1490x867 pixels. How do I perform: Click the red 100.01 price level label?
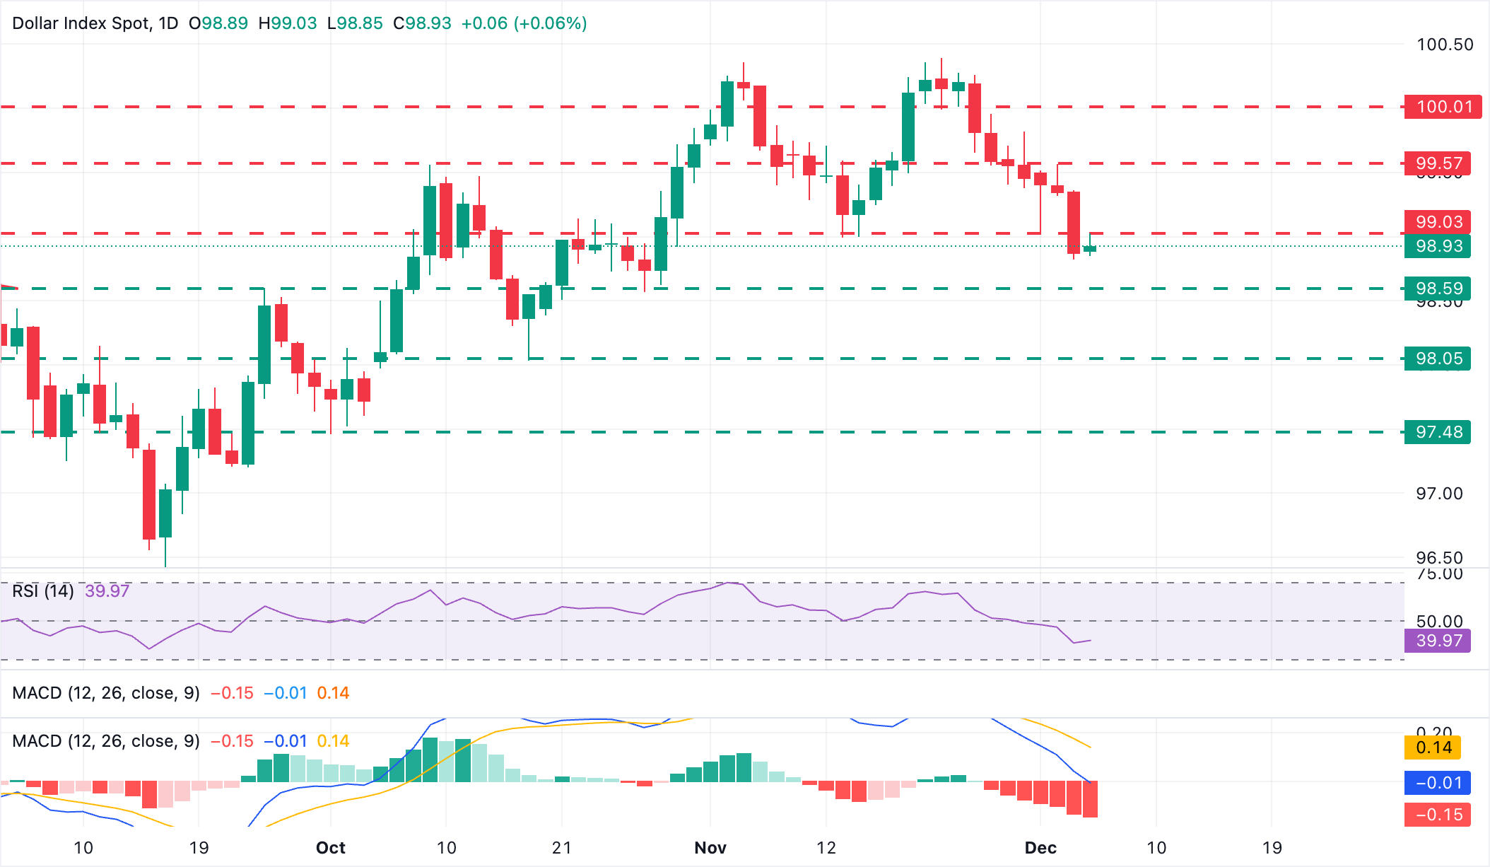pos(1442,107)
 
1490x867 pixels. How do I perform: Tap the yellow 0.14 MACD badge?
pos(1433,747)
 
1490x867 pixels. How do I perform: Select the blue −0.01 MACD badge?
pos(1438,783)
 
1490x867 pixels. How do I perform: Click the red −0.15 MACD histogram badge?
pos(1438,815)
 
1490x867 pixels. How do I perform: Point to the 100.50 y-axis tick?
pos(1445,45)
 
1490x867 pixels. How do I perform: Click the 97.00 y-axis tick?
pos(1439,494)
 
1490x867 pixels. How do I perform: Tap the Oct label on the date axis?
pos(331,848)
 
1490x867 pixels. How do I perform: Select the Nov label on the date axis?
pos(710,848)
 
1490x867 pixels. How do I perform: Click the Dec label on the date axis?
pos(1040,848)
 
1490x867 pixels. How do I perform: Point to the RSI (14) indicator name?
pos(43,590)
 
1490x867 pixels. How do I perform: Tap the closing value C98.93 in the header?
pos(422,23)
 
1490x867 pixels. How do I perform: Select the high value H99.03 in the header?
pos(288,23)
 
